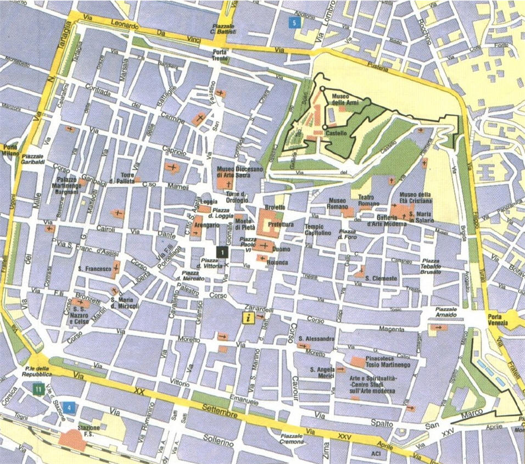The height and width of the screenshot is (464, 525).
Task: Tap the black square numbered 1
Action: click(221, 251)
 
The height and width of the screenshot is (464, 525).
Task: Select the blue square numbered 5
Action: click(295, 23)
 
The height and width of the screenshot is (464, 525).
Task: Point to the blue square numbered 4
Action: click(68, 407)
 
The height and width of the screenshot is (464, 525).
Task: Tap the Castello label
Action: click(336, 133)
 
